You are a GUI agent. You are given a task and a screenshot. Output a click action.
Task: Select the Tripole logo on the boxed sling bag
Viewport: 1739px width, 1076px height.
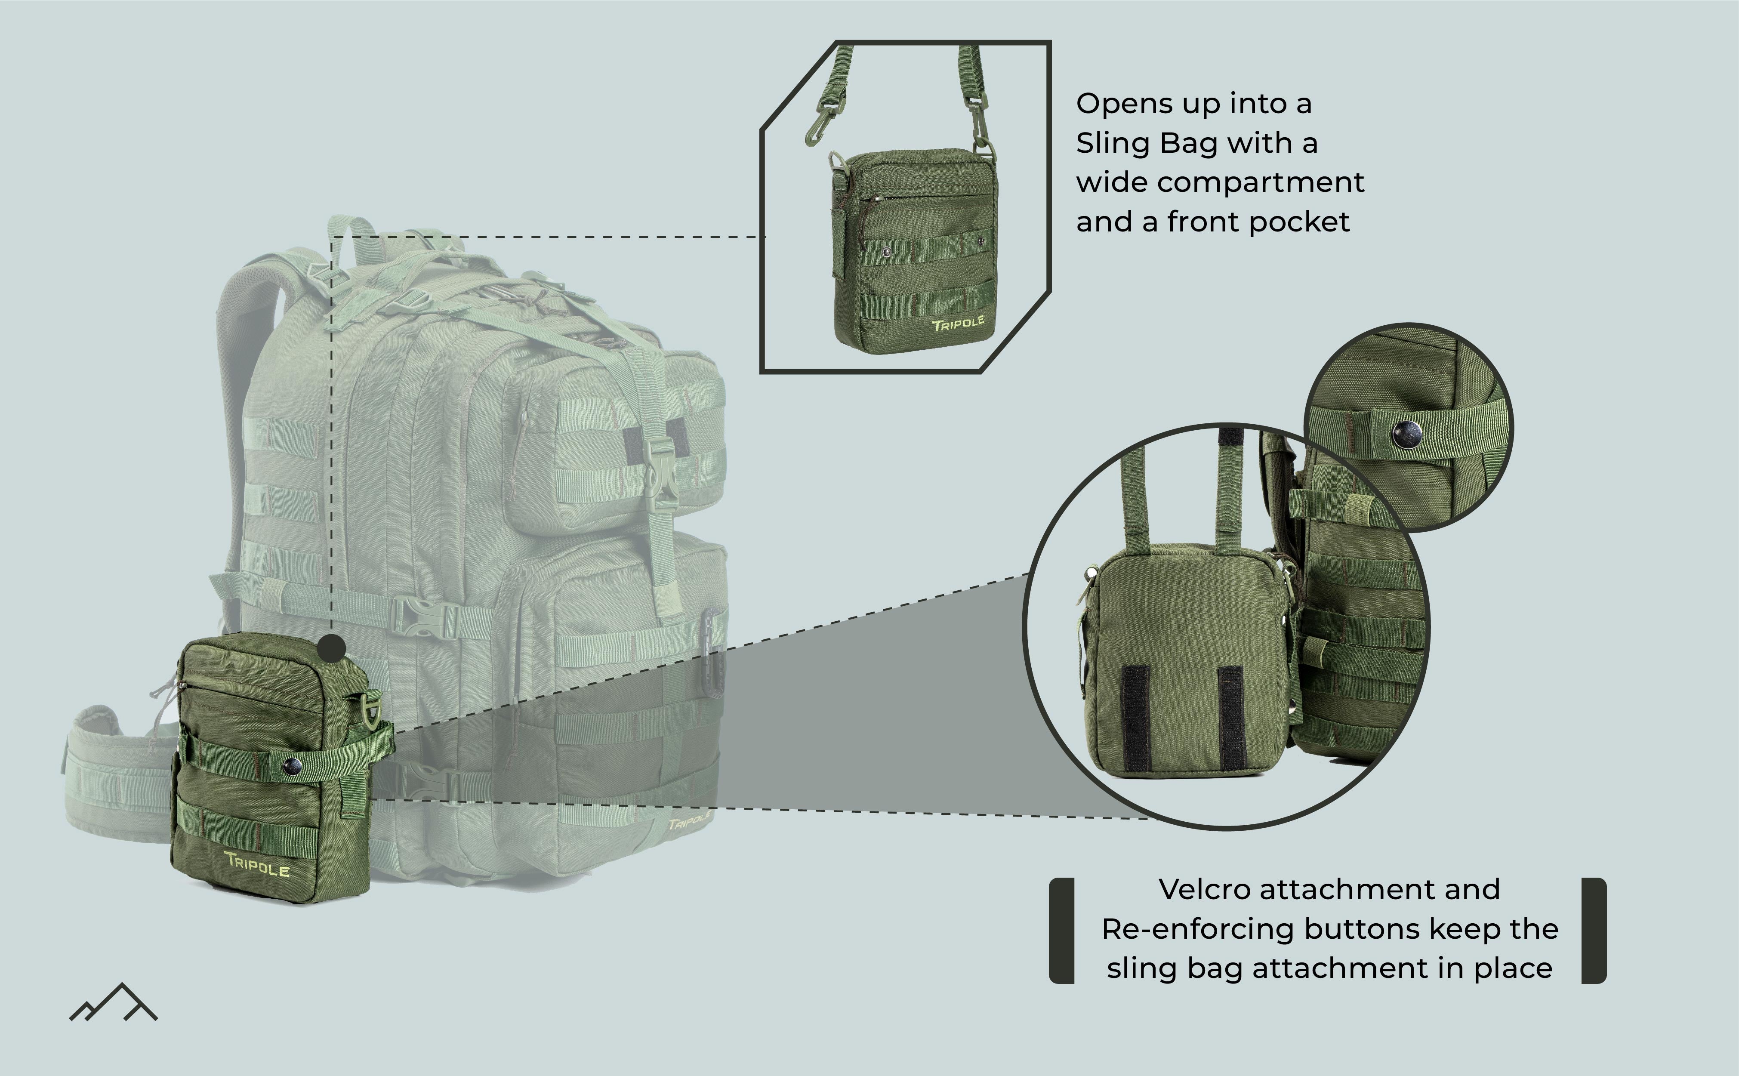[958, 324]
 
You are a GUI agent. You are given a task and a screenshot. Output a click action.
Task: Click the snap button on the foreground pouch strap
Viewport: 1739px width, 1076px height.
[292, 766]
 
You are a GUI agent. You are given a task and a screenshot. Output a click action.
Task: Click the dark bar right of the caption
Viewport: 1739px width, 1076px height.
[1594, 931]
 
